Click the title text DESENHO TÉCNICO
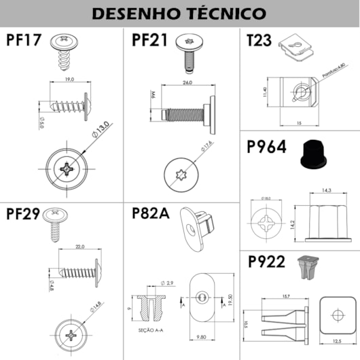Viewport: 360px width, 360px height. click(x=179, y=14)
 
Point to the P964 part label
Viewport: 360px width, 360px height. click(x=268, y=148)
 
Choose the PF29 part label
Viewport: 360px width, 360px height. click(x=24, y=214)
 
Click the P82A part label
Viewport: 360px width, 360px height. click(x=150, y=214)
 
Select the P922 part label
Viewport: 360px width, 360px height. click(x=268, y=262)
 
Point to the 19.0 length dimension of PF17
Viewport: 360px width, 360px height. click(x=70, y=79)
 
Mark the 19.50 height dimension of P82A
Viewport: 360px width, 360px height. click(x=230, y=300)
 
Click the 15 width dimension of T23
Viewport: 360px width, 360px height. click(x=299, y=123)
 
